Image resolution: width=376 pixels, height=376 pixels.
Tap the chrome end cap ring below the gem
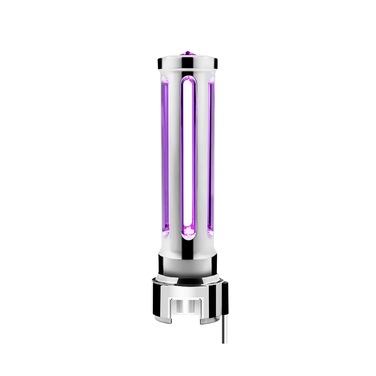point(188,62)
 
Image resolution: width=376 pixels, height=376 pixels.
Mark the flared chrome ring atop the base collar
point(188,277)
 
